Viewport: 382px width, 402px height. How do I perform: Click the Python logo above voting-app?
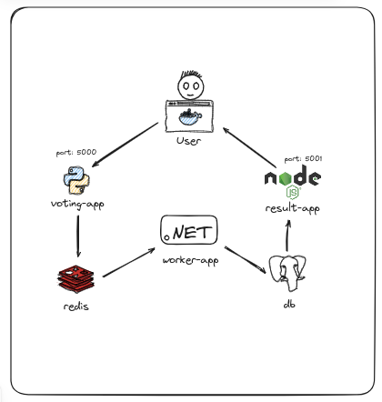[76, 180]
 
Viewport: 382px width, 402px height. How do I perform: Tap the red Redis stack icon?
[76, 279]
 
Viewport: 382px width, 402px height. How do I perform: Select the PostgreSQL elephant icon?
[287, 273]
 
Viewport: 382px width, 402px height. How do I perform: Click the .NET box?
[189, 230]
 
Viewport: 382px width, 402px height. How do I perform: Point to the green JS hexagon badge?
[293, 192]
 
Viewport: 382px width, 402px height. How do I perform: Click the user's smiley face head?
[191, 85]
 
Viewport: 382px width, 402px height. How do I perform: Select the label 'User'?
[188, 141]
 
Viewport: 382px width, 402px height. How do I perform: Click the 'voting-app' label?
[77, 204]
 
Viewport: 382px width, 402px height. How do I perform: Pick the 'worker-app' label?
[190, 260]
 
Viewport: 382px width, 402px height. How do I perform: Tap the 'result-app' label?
[293, 208]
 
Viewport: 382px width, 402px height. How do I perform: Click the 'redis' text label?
[76, 306]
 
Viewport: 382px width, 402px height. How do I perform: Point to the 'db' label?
[289, 304]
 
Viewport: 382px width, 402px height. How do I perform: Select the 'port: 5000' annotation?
[76, 152]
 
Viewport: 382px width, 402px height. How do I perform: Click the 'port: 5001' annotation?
[303, 159]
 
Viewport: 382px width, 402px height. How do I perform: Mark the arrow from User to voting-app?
[125, 145]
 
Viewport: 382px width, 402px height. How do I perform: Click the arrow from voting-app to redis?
[78, 236]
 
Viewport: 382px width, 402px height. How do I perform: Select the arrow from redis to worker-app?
[129, 263]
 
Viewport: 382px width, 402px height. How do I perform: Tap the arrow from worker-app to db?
[246, 260]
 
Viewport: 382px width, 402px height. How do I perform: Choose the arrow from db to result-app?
[287, 236]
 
